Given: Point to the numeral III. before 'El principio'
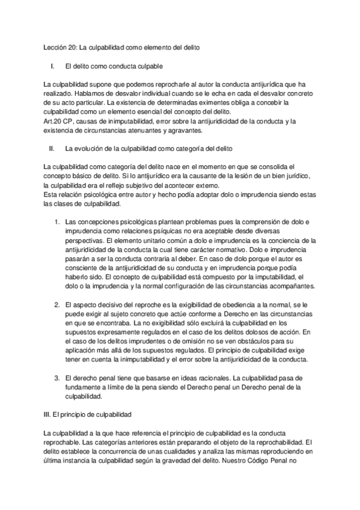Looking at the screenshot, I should (x=49, y=415).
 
